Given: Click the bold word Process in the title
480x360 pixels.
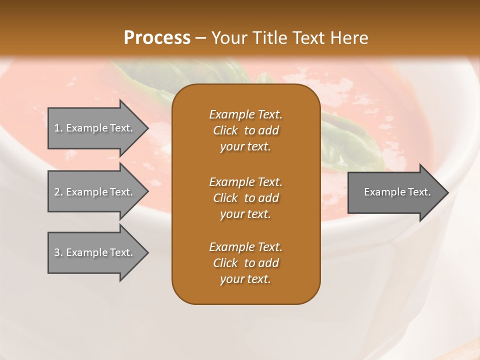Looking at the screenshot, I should click(x=157, y=38).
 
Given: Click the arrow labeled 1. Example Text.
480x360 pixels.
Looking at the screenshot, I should click(x=93, y=128).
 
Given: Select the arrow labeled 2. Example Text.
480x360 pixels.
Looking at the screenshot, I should click(x=93, y=192).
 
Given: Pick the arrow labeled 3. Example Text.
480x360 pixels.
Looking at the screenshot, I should click(x=93, y=252).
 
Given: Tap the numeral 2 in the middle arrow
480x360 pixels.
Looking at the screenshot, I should click(x=57, y=192).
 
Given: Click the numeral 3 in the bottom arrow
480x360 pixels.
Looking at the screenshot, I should click(x=57, y=252).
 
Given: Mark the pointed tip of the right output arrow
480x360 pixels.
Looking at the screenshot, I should click(x=447, y=192).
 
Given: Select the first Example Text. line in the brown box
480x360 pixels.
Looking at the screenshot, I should click(x=245, y=114).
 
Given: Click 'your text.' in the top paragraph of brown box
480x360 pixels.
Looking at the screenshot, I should click(x=245, y=147).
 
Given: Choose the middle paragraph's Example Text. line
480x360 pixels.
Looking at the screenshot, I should click(x=245, y=181).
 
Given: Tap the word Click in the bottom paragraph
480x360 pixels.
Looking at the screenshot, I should click(x=225, y=263).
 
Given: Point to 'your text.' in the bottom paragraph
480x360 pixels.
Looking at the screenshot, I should click(x=245, y=279).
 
